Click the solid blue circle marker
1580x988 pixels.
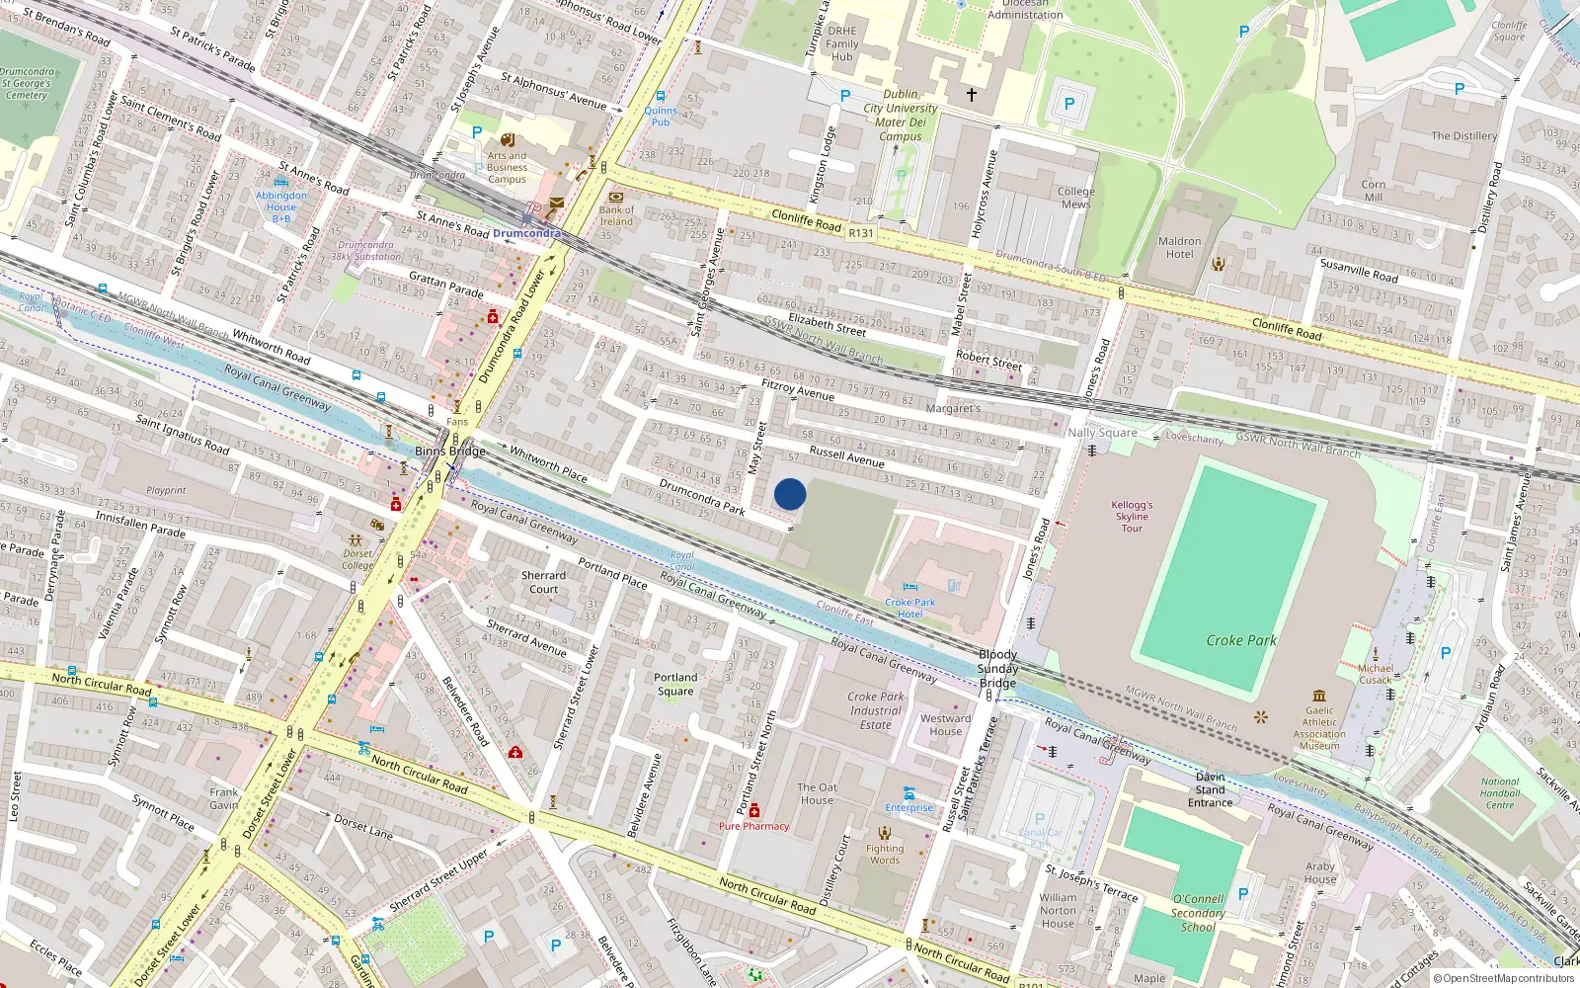pos(790,494)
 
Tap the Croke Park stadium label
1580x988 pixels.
pos(1241,640)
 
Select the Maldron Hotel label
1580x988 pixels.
pos(1179,247)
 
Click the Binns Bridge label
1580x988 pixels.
pos(450,451)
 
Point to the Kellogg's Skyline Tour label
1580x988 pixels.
pos(1132,516)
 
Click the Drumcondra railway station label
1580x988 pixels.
pos(525,233)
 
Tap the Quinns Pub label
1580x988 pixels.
pos(661,116)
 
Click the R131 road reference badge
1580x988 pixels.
pos(861,233)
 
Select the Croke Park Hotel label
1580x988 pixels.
pos(909,608)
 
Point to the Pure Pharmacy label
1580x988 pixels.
pos(753,826)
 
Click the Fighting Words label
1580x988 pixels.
pos(885,854)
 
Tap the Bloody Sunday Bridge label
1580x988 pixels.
pos(997,668)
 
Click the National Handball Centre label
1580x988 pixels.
pos(1500,793)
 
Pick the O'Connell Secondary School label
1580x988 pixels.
pos(1198,913)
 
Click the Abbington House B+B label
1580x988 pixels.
pos(281,206)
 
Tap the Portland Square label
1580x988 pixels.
pos(675,684)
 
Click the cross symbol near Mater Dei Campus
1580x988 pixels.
pos(972,95)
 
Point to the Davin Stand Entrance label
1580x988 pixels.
pos(1210,789)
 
